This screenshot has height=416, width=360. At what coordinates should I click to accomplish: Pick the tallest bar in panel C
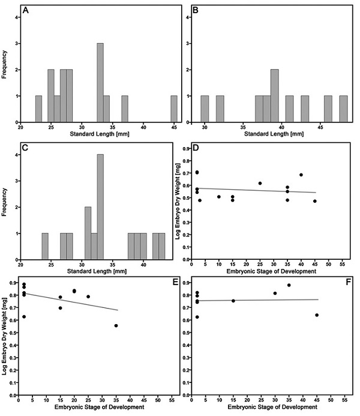100,200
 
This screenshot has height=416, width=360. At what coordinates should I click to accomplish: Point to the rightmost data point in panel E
116,325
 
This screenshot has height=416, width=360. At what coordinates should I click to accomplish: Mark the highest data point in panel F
289,285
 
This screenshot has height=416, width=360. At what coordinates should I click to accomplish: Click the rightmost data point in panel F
316,315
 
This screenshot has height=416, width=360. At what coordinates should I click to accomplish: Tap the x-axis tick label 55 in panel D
342,264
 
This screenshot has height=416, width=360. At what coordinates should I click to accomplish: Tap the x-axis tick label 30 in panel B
205,127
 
